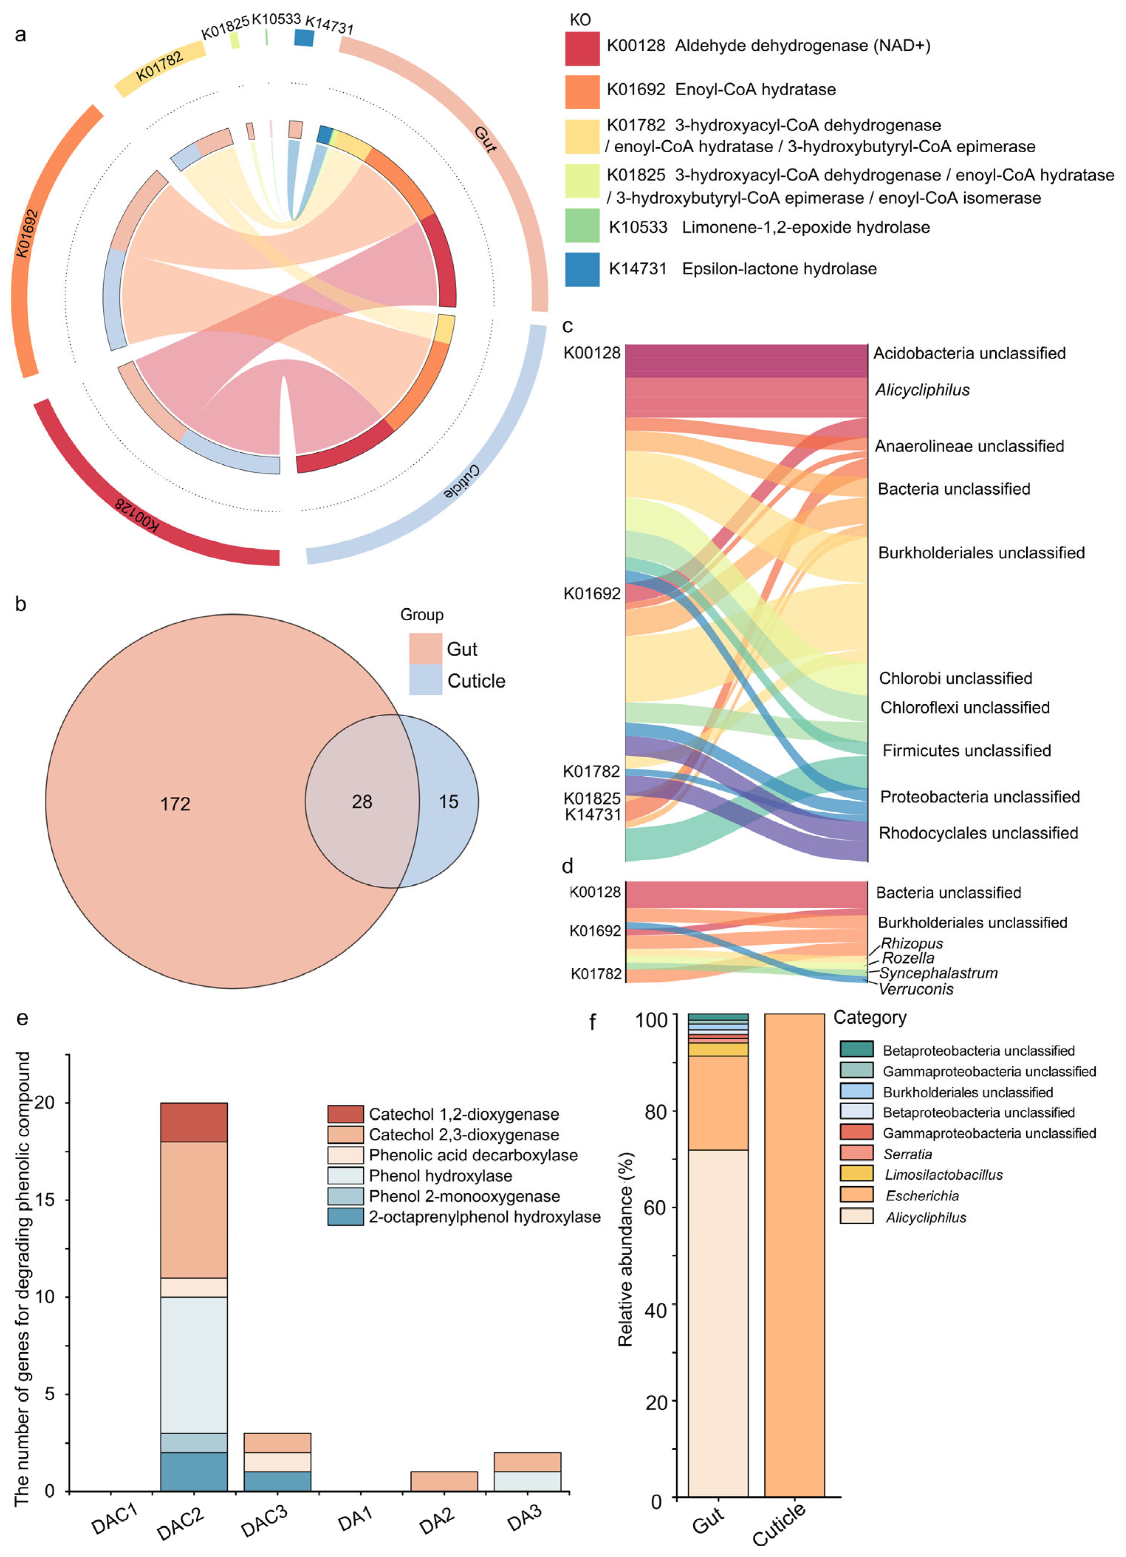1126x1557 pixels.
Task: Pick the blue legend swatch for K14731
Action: tap(582, 269)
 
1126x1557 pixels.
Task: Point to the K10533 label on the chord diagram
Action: tap(276, 19)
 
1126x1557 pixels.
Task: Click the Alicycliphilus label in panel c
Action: tap(922, 390)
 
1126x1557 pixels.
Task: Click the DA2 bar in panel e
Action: tap(444, 1481)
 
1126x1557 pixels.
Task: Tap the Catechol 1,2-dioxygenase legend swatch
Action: tap(345, 1114)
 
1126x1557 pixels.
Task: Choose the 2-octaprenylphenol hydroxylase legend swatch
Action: tap(345, 1217)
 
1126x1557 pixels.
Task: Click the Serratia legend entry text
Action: tap(907, 1154)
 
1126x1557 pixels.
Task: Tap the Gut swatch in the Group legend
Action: tap(425, 648)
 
